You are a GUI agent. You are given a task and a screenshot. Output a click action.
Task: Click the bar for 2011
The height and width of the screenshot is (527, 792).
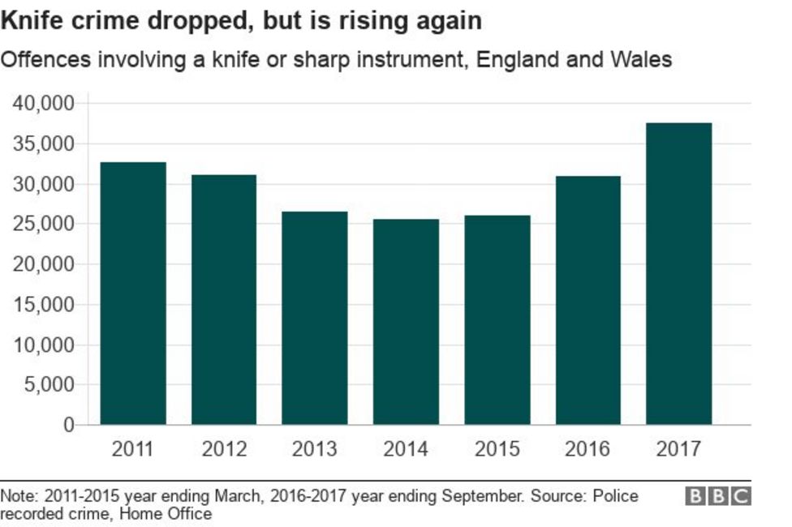133,293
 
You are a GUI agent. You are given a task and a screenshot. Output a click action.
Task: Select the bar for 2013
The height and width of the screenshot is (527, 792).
315,318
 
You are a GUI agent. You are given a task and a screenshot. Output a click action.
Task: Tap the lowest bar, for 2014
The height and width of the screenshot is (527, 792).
406,322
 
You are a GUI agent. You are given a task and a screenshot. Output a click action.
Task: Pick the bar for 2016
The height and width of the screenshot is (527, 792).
588,300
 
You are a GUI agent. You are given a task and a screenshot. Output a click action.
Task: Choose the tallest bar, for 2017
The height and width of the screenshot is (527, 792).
678,274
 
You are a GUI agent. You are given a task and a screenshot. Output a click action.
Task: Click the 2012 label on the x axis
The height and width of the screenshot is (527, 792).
224,448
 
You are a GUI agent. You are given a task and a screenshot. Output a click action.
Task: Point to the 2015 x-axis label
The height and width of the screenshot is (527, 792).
497,448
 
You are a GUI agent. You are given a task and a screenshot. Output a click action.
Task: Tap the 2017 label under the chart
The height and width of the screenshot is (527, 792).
678,448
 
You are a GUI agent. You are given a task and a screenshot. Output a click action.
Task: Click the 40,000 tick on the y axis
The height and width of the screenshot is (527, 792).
43,104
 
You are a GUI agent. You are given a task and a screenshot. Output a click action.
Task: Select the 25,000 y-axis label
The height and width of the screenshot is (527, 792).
43,225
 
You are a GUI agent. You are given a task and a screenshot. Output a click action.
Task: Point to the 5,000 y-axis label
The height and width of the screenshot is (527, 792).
48,385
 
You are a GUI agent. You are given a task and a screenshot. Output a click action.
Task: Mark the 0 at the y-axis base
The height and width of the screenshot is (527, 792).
68,425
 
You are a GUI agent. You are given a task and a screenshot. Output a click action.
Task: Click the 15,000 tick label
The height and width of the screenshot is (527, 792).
43,305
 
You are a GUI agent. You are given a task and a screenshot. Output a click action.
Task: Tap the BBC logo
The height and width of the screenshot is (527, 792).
718,496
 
